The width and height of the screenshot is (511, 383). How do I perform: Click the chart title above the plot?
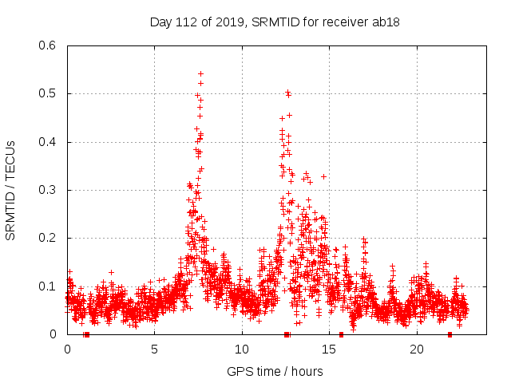(x=275, y=22)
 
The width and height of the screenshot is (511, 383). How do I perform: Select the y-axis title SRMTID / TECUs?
(x=11, y=190)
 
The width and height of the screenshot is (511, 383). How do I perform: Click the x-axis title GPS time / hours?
(x=275, y=371)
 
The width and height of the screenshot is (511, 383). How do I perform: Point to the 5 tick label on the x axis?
(x=155, y=349)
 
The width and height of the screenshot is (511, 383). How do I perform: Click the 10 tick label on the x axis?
(x=242, y=349)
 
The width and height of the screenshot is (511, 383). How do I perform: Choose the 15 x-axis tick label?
(x=330, y=349)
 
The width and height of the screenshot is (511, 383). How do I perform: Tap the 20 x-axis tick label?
(x=417, y=349)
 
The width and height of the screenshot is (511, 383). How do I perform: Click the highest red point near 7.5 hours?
(x=200, y=73)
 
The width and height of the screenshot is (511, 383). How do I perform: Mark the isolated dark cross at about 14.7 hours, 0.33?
(x=323, y=176)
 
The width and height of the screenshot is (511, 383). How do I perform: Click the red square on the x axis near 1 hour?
(x=86, y=334)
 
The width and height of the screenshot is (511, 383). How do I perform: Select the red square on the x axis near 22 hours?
(x=450, y=334)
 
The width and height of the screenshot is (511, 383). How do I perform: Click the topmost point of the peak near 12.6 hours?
(x=287, y=92)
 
